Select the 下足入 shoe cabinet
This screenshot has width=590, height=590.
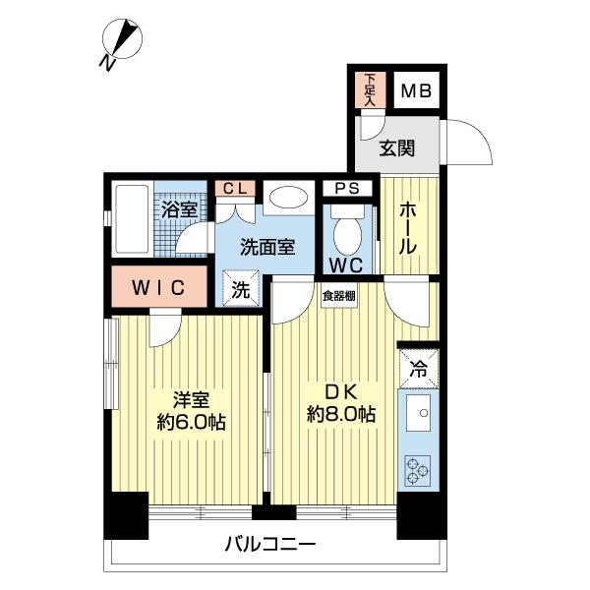pos(370,89)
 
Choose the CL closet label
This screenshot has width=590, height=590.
pos(233,189)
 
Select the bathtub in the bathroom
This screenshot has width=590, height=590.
pos(130,219)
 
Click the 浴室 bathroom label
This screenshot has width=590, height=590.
pos(179,209)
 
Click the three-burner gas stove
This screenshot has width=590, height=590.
pos(419,471)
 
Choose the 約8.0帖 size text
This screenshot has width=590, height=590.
pos(339,414)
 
